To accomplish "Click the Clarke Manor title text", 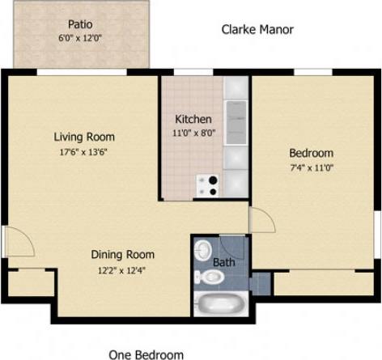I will (x=257, y=30).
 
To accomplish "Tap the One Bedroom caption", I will (x=146, y=354).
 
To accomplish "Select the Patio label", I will (x=79, y=24).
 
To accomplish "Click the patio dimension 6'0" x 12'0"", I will (x=79, y=38).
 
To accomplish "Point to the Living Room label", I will (x=83, y=136).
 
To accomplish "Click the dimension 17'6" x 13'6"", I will (x=83, y=150).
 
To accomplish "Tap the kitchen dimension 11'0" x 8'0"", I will (x=193, y=133).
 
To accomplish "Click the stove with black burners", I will (x=208, y=185).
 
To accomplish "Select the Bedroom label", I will (x=311, y=153).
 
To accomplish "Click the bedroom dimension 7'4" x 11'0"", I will (x=311, y=167).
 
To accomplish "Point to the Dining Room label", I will (x=121, y=254).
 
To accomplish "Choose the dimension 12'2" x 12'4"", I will (x=121, y=269).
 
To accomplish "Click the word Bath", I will (x=224, y=262).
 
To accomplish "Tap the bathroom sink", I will (x=203, y=249).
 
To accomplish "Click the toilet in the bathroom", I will (x=209, y=277).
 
